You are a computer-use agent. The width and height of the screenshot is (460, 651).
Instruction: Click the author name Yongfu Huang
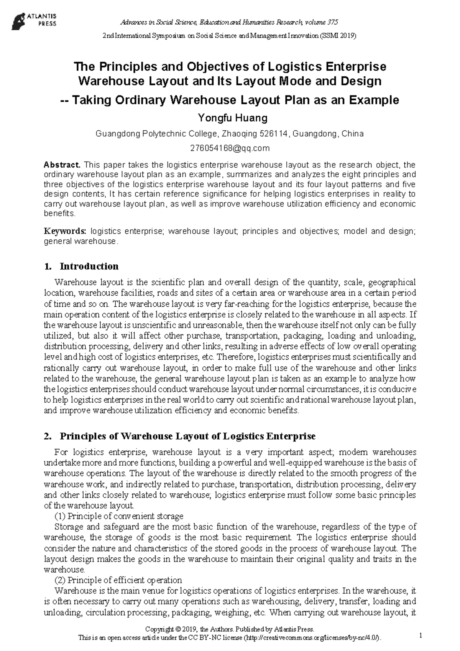(x=230, y=117)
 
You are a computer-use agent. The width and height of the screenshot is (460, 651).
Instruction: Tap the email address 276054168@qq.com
(x=230, y=148)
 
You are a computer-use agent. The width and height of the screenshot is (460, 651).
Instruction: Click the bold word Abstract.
(x=62, y=165)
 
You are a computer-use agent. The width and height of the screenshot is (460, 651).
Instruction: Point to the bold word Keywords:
(x=65, y=231)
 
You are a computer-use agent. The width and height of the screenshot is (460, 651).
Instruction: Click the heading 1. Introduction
(x=82, y=266)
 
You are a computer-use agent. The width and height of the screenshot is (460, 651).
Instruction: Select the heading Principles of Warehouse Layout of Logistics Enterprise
(x=188, y=436)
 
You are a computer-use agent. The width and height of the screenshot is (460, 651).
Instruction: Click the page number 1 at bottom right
(x=421, y=636)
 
